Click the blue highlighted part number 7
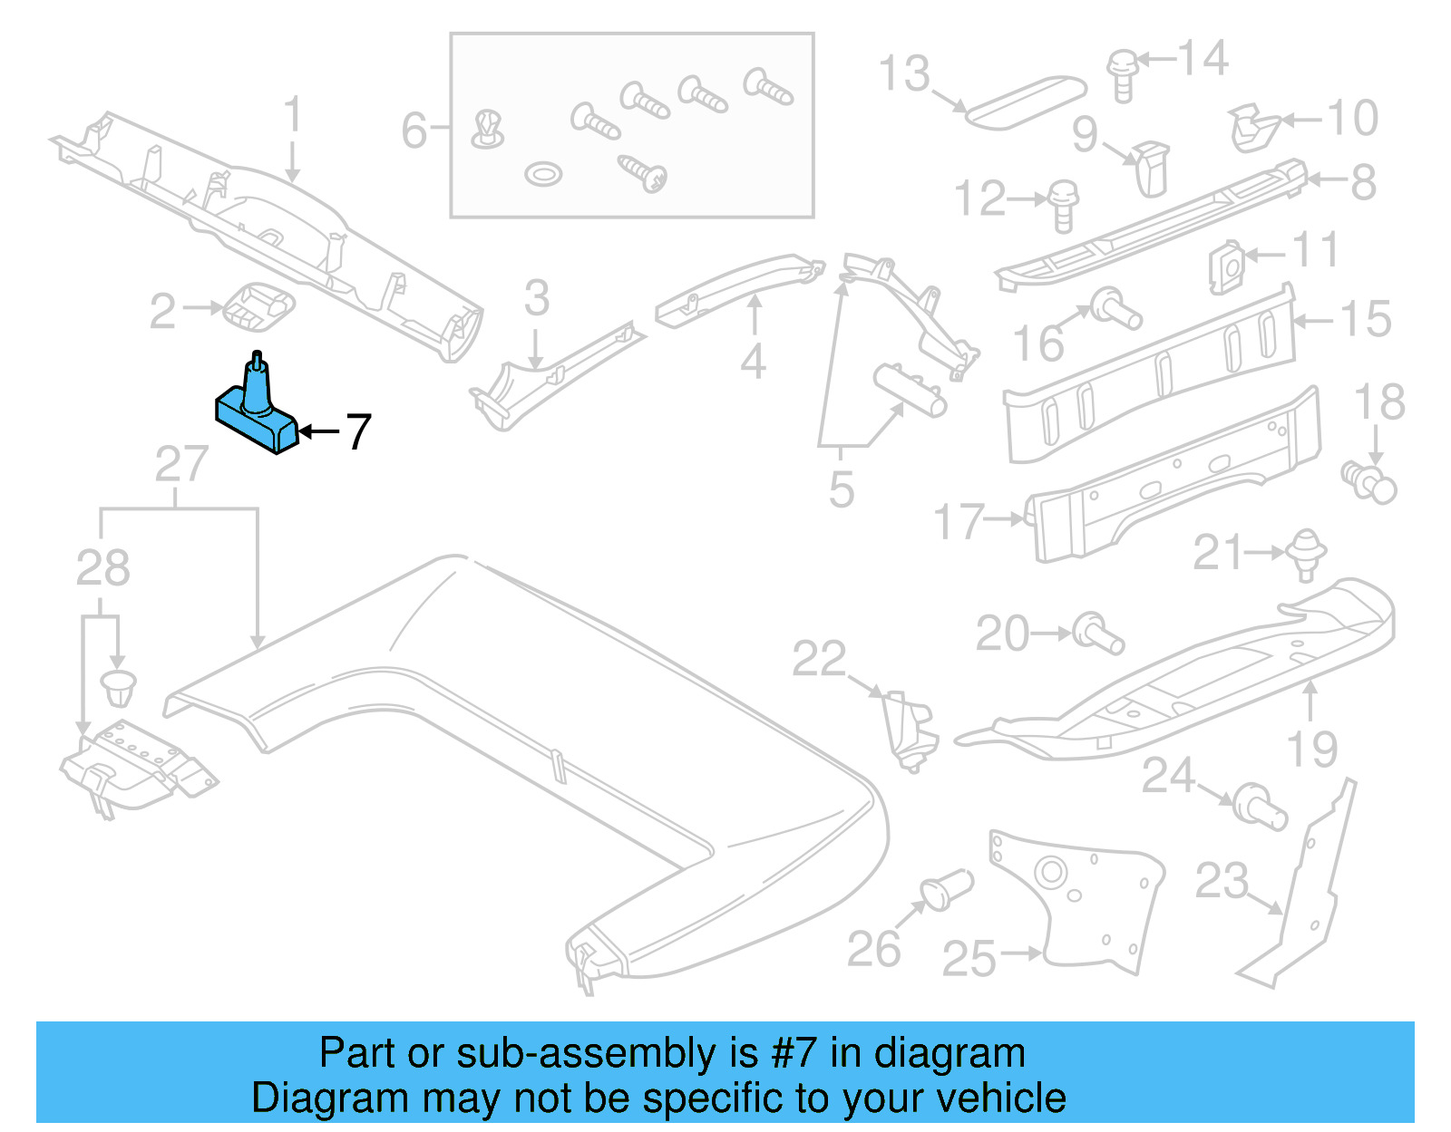click(257, 412)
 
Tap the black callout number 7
click(358, 432)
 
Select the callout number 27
click(181, 465)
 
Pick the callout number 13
click(904, 74)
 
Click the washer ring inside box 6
click(543, 173)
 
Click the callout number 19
click(1311, 750)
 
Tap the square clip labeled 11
click(1226, 266)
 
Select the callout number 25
click(969, 958)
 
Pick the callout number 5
click(842, 489)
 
